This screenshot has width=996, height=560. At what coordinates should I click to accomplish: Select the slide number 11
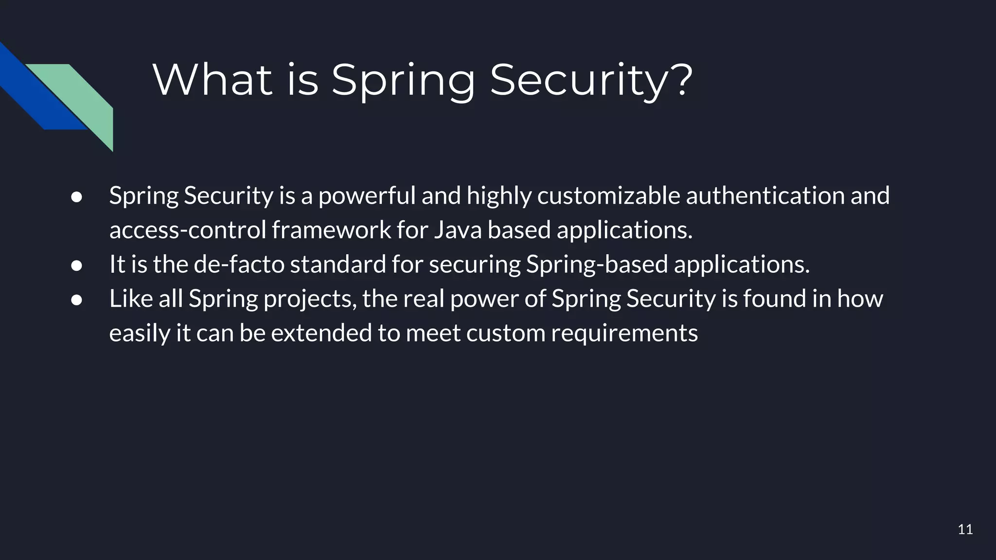click(965, 529)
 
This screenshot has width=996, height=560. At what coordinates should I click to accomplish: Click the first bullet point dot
click(76, 197)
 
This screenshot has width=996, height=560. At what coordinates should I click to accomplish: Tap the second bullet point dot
click(76, 265)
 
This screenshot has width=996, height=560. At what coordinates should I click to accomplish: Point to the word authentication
click(765, 196)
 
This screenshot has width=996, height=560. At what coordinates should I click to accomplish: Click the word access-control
click(187, 230)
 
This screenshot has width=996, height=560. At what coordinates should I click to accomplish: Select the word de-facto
click(239, 265)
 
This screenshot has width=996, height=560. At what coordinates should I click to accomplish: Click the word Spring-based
click(597, 265)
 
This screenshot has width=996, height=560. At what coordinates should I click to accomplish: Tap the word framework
click(331, 230)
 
